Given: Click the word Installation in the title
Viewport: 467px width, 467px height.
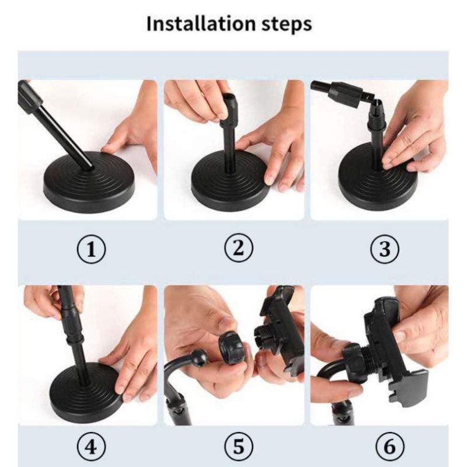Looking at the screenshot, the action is pos(201,23).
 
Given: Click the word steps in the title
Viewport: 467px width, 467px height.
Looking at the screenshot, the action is pos(287,25).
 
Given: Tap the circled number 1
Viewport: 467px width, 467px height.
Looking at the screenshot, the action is pos(92,249).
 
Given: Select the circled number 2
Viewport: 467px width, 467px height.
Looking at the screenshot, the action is pos(238,248).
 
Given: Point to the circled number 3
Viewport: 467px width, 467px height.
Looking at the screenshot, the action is pos(385,249).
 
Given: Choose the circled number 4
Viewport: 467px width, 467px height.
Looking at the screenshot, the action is pos(92,447).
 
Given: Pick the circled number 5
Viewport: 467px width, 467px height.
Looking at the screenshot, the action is pos(238,447).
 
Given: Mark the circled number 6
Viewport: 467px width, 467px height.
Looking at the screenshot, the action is pos(389,447).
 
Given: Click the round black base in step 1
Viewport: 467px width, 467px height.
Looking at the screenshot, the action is pos(89,182).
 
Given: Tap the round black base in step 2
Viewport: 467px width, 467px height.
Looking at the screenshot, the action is pos(230,181).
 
